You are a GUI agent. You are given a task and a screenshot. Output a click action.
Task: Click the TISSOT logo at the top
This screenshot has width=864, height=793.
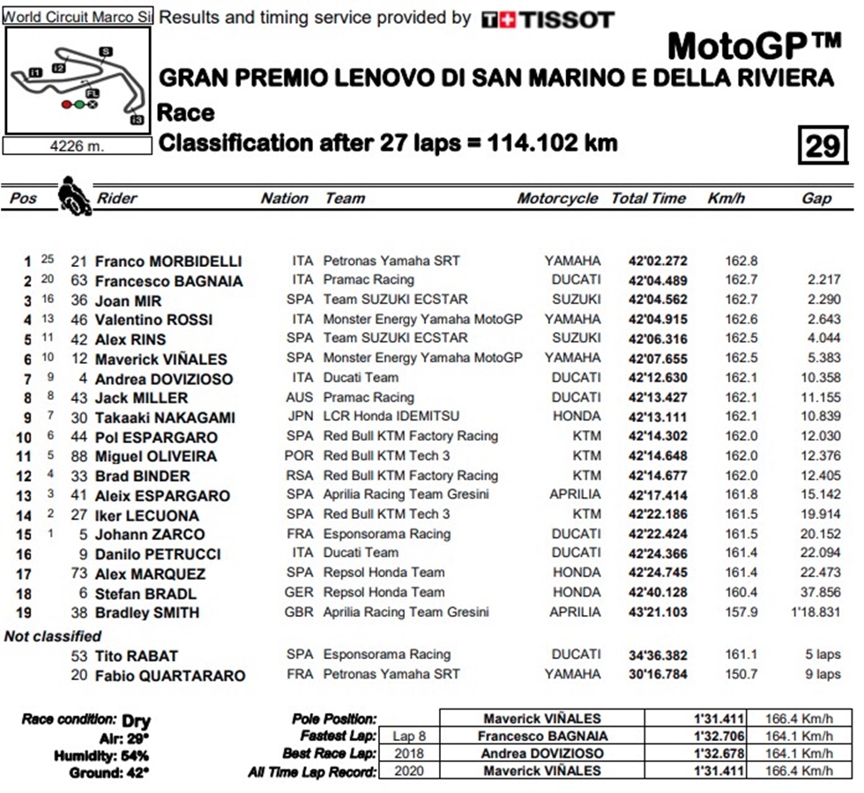547,19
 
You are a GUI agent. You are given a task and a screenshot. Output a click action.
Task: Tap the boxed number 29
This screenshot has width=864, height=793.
822,145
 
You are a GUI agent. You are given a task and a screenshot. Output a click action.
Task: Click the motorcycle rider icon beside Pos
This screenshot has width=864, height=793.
74,196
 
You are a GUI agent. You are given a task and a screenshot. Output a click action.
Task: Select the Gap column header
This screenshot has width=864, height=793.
816,198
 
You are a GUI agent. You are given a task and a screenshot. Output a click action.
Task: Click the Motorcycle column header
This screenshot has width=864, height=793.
557,198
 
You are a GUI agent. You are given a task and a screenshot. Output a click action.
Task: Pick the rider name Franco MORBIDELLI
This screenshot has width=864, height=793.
168,262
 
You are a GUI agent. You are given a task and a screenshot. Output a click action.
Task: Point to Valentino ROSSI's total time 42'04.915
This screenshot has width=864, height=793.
658,319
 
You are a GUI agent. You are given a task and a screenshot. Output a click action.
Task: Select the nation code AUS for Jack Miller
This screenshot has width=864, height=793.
300,397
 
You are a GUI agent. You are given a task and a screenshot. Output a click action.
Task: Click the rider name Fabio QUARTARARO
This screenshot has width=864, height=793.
170,676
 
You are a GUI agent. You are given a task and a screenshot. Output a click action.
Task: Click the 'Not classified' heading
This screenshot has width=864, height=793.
53,636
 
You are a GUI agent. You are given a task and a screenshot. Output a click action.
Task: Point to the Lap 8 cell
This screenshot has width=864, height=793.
409,736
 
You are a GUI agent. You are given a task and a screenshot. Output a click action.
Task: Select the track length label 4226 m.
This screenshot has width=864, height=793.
77,146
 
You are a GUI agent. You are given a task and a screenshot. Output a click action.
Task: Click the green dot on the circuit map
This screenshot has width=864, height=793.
78,104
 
